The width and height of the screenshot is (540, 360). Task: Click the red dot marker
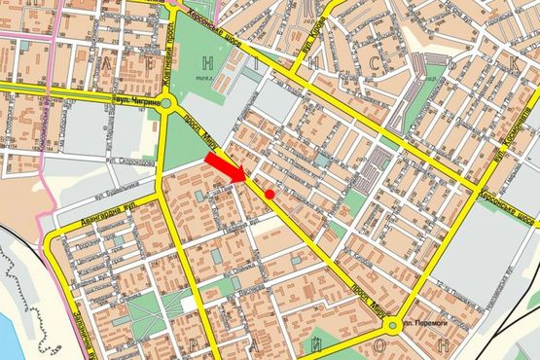coord(270,195)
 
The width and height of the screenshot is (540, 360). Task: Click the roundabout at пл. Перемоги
coord(392,325)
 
